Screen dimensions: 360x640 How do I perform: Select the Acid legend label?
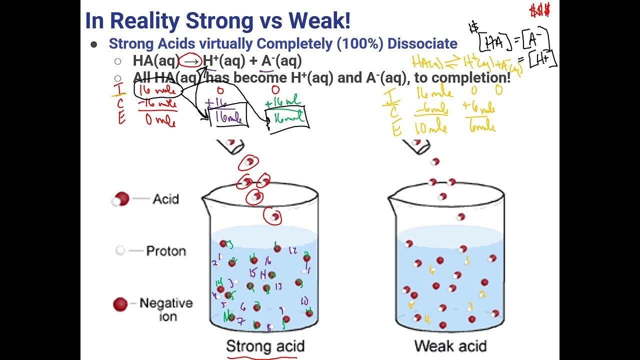click(165, 199)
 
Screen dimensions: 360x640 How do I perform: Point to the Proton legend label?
click(165, 250)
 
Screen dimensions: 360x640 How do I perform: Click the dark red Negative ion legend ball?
click(120, 304)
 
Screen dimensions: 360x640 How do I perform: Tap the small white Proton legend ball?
click(119, 250)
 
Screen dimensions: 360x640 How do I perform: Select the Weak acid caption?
click(450, 345)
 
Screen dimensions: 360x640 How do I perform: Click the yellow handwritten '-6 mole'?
click(431, 109)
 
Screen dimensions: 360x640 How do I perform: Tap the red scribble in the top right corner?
click(540, 10)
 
